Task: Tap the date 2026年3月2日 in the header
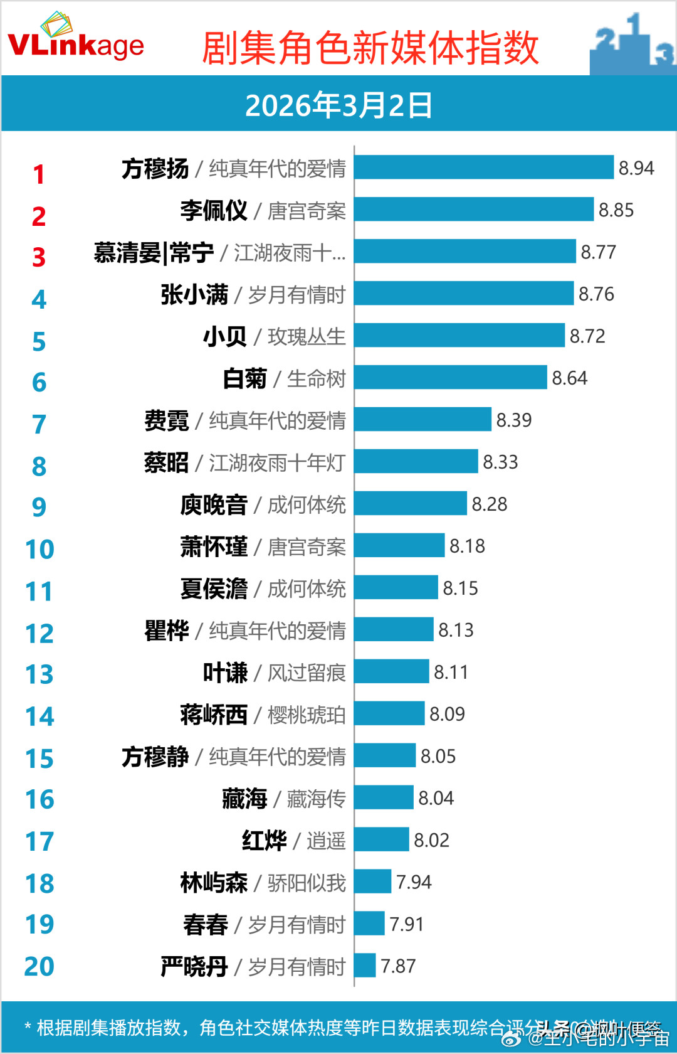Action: click(338, 105)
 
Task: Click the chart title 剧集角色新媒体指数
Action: click(370, 48)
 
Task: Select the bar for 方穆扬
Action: click(483, 168)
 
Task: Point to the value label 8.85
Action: click(616, 210)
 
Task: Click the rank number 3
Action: click(39, 257)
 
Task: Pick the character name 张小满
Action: click(194, 294)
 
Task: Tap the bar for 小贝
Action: click(459, 336)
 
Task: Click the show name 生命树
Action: click(316, 379)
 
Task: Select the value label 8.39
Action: click(513, 420)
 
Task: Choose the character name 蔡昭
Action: click(166, 463)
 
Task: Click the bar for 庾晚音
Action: click(410, 504)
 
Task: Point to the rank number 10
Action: click(39, 550)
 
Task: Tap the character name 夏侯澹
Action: click(214, 589)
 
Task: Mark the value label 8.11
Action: click(451, 673)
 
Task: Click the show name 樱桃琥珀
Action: click(307, 715)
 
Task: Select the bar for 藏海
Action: click(384, 798)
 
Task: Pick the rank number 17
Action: click(39, 842)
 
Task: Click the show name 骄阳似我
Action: click(307, 883)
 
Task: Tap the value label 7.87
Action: click(398, 966)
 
